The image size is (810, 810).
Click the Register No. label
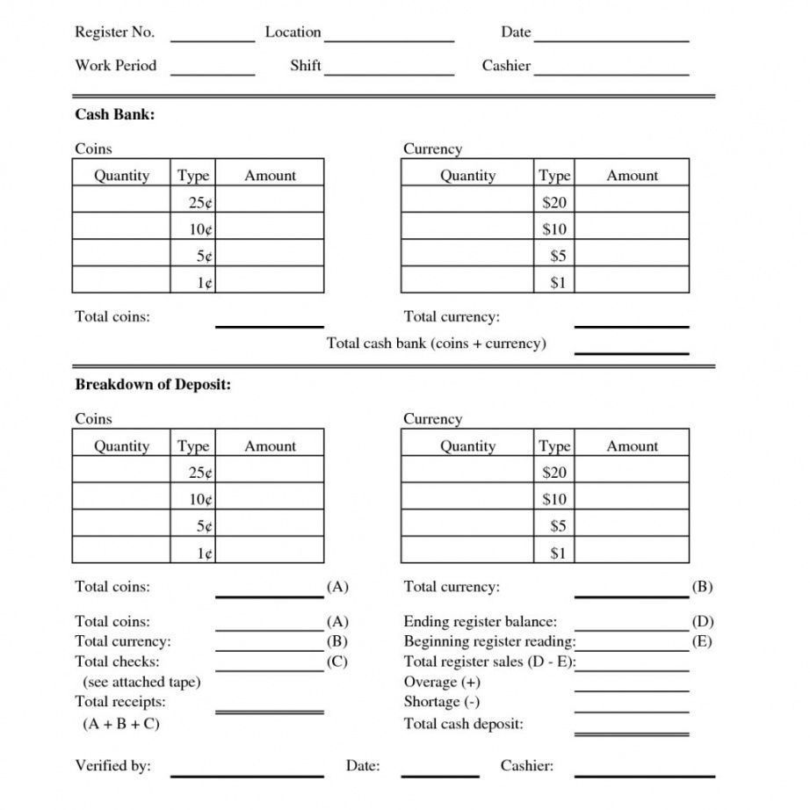[114, 33]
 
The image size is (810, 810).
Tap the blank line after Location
[388, 40]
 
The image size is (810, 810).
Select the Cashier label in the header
[506, 66]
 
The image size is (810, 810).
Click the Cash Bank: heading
[115, 115]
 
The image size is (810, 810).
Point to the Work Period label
[115, 66]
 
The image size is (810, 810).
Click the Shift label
[305, 66]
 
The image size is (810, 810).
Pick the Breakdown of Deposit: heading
[153, 385]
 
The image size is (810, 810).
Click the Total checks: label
[117, 662]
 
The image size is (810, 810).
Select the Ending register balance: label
[480, 622]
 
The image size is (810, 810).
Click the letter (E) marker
[702, 641]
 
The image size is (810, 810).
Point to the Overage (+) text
[442, 682]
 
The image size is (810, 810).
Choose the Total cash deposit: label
[463, 724]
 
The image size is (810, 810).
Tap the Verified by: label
[112, 766]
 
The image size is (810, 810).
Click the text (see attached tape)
[141, 682]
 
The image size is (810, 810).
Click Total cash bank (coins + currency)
[436, 344]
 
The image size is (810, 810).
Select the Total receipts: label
[120, 702]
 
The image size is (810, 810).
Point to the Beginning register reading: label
[489, 641]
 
